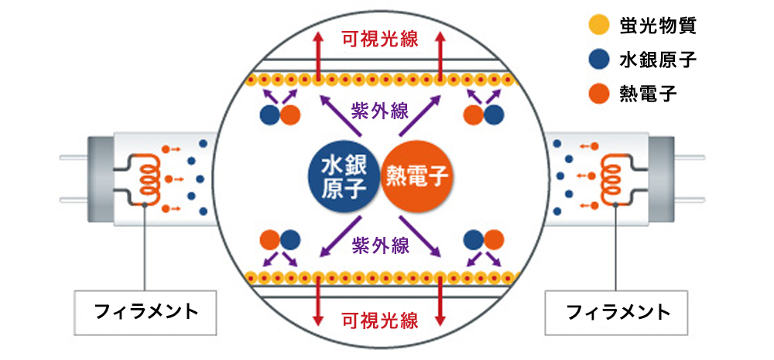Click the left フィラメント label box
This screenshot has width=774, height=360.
146,314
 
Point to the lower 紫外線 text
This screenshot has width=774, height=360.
380,245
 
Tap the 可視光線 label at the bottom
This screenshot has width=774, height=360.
380,320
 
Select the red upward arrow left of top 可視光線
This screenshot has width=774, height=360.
318,54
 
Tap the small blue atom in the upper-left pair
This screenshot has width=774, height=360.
269,115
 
